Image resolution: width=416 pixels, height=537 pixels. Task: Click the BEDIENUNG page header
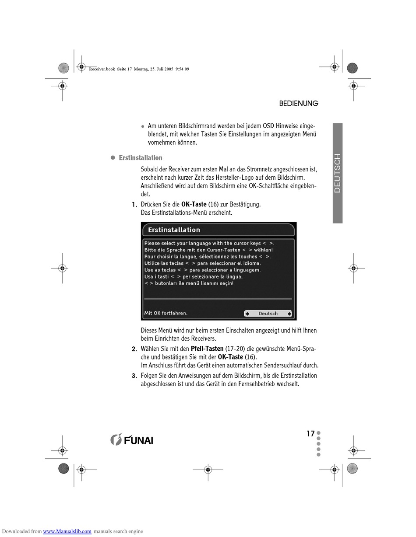tap(298, 103)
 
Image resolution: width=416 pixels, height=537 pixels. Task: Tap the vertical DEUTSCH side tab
tap(337, 173)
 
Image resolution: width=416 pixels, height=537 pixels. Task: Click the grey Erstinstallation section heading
tap(140, 158)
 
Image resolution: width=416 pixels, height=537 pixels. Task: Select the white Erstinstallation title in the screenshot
tap(174, 230)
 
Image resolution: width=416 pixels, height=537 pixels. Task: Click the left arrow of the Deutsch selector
tap(247, 314)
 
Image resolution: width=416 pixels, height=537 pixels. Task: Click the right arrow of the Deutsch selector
tap(289, 314)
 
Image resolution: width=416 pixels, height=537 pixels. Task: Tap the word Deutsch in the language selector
tap(268, 314)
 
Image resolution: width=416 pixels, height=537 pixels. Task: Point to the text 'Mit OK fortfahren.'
tap(166, 313)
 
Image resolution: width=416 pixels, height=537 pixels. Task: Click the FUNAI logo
tap(132, 439)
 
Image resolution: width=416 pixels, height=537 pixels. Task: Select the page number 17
tap(310, 433)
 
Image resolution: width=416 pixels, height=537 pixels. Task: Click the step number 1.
tap(134, 205)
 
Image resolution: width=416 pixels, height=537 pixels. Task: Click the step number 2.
tap(134, 349)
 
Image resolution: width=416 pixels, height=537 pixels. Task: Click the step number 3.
tap(134, 376)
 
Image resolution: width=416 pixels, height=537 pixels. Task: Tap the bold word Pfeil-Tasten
tap(207, 349)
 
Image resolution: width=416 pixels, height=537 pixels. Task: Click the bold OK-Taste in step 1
tap(194, 204)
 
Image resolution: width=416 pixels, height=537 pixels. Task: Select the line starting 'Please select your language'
tap(209, 244)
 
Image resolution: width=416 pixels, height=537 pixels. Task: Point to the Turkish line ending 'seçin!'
tap(189, 283)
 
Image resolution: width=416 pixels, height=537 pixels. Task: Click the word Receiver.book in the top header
tap(102, 69)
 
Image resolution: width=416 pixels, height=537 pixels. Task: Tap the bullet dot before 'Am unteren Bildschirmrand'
tap(143, 126)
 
